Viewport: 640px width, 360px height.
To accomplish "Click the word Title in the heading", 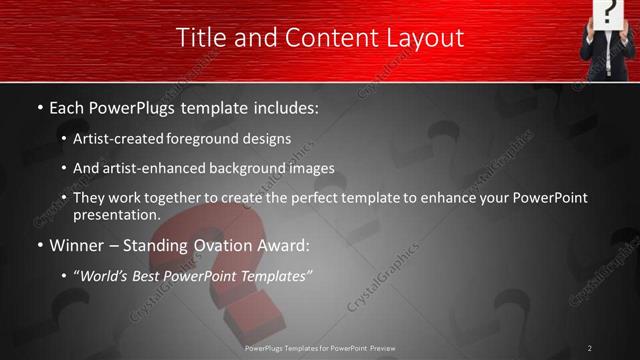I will pyautogui.click(x=200, y=38).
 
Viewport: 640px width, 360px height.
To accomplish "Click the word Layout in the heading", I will pyautogui.click(x=423, y=38).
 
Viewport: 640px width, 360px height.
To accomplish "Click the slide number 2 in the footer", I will pyautogui.click(x=590, y=348).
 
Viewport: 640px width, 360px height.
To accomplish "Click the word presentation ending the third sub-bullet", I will pyautogui.click(x=116, y=214).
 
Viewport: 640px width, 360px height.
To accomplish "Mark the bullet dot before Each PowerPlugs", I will pyautogui.click(x=39, y=106).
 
